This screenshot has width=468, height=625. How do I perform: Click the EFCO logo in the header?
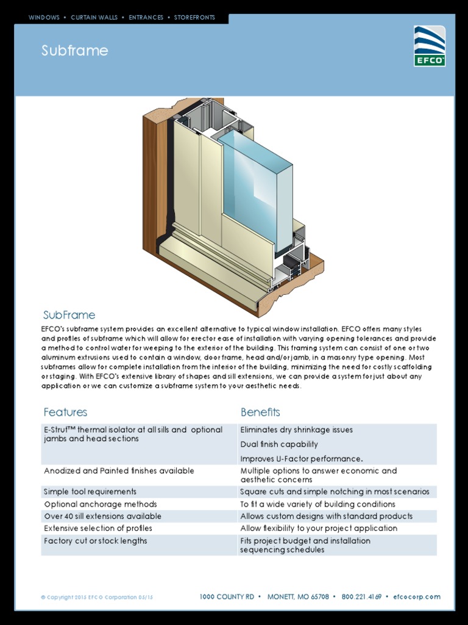pyautogui.click(x=430, y=46)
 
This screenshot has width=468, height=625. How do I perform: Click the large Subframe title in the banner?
pyautogui.click(x=74, y=51)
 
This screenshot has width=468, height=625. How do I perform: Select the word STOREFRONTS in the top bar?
pyautogui.click(x=194, y=18)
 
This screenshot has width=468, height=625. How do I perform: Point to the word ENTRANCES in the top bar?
pyautogui.click(x=146, y=18)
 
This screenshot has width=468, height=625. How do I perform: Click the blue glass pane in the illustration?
pyautogui.click(x=256, y=183)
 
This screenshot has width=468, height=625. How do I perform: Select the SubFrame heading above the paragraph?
pyautogui.click(x=69, y=315)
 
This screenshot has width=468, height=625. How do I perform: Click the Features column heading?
pyautogui.click(x=65, y=412)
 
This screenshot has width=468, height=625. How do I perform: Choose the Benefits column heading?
pyautogui.click(x=260, y=412)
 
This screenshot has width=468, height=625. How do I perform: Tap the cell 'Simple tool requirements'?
pyautogui.click(x=90, y=491)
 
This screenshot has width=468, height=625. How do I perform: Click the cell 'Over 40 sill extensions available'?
pyautogui.click(x=102, y=516)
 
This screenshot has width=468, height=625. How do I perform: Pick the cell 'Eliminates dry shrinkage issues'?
pyautogui.click(x=296, y=430)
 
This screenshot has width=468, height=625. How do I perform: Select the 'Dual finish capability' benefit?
pyautogui.click(x=279, y=444)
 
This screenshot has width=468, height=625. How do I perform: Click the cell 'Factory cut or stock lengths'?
pyautogui.click(x=95, y=541)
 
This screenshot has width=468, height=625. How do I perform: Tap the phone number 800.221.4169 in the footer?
pyautogui.click(x=361, y=597)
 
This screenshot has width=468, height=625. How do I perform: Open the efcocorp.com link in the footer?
pyautogui.click(x=417, y=597)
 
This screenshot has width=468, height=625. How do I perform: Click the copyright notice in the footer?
pyautogui.click(x=97, y=597)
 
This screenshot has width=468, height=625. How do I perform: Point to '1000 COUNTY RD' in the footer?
pyautogui.click(x=227, y=597)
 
